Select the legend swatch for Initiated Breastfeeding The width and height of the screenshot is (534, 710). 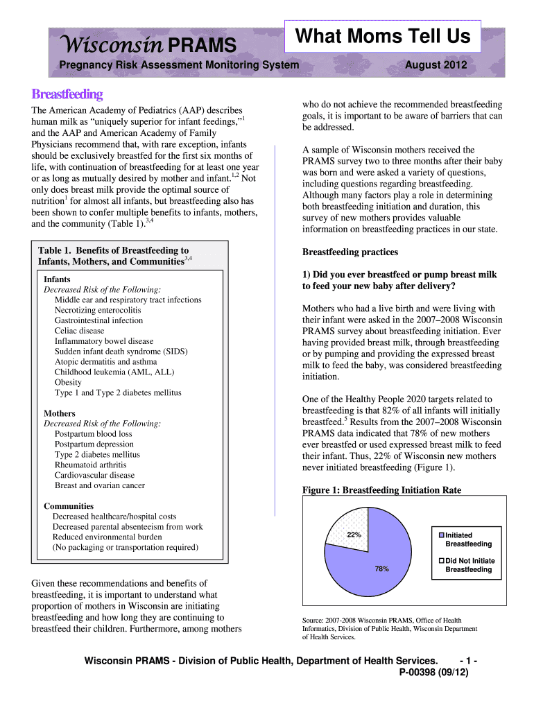pyautogui.click(x=441, y=535)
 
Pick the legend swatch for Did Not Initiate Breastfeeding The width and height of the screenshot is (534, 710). pyautogui.click(x=441, y=561)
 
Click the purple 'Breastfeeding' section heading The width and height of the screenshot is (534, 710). pyautogui.click(x=67, y=94)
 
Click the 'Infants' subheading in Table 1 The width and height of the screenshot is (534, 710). pyautogui.click(x=57, y=279)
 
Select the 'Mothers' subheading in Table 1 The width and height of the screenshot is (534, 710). pyautogui.click(x=60, y=413)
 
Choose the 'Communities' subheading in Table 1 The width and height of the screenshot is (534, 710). pyautogui.click(x=69, y=506)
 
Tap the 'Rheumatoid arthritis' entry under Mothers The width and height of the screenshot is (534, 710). pyautogui.click(x=91, y=465)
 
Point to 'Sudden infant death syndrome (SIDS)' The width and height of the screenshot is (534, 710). pyautogui.click(x=121, y=352)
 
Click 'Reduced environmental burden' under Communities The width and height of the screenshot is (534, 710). pyautogui.click(x=107, y=537)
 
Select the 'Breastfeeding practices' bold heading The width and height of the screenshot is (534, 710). pyautogui.click(x=350, y=252)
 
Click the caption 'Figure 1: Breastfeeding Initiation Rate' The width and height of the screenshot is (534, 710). pyautogui.click(x=381, y=490)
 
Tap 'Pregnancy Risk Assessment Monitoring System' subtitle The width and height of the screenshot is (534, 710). pyautogui.click(x=179, y=65)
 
